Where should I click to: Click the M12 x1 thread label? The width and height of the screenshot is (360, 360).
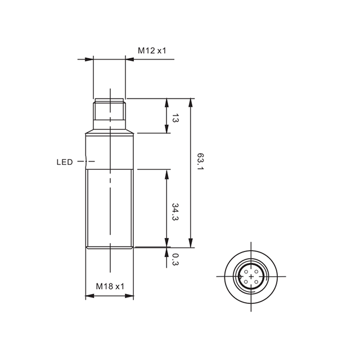(152, 51)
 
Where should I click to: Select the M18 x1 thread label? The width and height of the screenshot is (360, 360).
(110, 286)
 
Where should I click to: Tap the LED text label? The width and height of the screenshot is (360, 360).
(65, 162)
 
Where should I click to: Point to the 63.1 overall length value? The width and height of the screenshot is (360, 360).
(200, 161)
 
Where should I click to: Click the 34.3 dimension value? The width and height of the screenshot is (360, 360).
(175, 211)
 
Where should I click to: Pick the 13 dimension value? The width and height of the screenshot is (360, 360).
(175, 118)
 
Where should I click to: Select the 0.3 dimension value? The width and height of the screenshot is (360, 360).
(175, 259)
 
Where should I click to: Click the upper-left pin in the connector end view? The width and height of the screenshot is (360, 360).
(246, 272)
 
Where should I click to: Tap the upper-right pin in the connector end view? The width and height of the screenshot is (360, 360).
(256, 272)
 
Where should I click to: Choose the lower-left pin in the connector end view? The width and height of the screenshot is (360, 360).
(246, 282)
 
